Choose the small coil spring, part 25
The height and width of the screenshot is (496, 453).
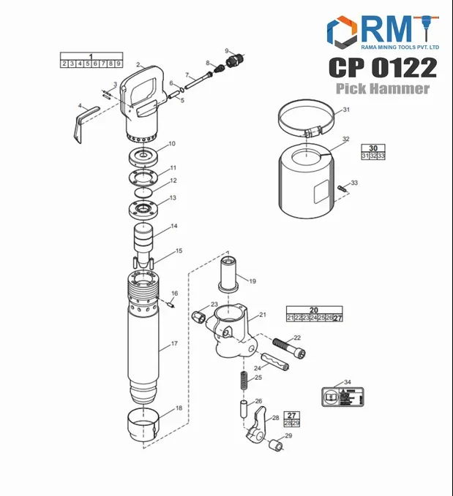click(x=241, y=381)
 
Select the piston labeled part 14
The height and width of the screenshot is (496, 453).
click(x=143, y=238)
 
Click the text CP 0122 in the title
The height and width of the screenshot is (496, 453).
click(x=382, y=67)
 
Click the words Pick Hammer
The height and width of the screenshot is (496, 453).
click(x=383, y=88)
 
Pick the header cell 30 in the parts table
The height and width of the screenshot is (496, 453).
click(x=372, y=147)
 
